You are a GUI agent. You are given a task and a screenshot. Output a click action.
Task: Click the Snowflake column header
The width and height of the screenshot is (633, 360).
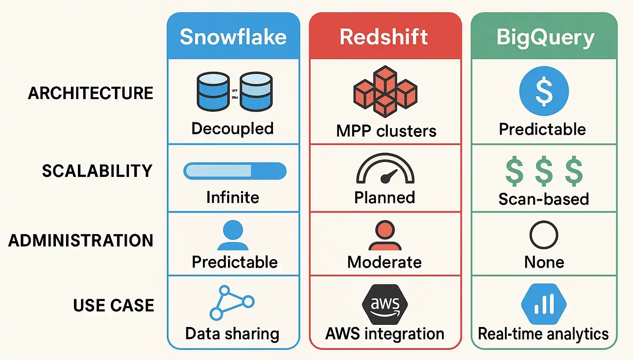233,37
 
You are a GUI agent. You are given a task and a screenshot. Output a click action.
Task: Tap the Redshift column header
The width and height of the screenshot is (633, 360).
384,37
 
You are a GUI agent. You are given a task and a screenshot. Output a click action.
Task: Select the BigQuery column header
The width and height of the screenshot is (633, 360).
545,37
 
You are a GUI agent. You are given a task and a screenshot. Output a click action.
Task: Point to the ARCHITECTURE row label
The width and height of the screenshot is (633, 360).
91,93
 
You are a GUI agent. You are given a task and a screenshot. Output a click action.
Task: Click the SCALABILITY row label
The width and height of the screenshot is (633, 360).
97,171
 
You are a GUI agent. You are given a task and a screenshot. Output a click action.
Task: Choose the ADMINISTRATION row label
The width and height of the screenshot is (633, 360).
81,241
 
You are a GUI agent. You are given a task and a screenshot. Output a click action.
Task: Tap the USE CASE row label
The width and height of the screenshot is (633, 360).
114,305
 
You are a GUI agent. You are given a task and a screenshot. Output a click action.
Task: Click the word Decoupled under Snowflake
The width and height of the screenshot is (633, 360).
232,129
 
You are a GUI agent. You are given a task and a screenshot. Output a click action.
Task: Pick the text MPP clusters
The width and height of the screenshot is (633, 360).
386,131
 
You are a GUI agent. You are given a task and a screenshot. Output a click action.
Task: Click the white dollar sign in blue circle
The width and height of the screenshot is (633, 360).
544,92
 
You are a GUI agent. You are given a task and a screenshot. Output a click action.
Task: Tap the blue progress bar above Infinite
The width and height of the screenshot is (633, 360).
235,171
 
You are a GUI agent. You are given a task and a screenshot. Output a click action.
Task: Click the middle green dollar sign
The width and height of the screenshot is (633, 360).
544,172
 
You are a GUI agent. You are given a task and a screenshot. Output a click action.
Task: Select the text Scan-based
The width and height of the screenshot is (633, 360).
544,199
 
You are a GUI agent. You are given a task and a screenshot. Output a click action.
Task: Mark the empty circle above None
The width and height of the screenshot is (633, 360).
544,235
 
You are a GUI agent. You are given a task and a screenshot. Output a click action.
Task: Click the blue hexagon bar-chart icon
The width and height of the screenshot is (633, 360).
544,304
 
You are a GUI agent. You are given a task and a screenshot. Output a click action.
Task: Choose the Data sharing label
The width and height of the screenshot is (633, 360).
232,334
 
